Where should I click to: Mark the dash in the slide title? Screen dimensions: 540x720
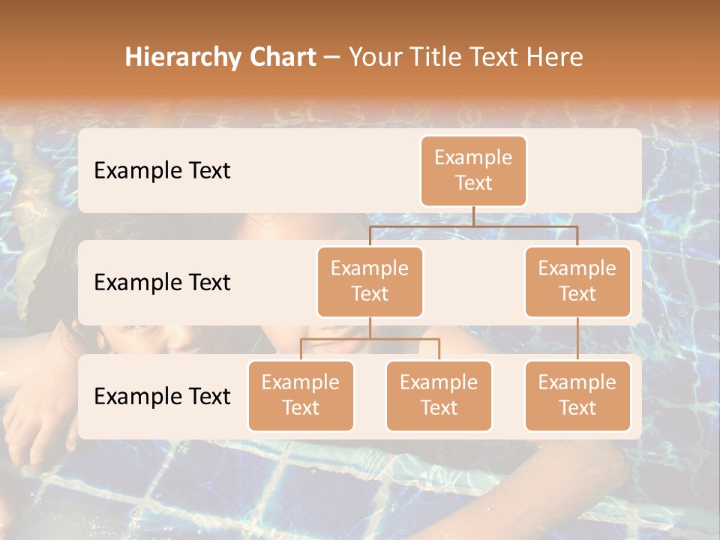[x=332, y=58]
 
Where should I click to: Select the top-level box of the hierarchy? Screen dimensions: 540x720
[x=473, y=171]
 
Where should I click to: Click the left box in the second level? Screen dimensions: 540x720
[x=370, y=281]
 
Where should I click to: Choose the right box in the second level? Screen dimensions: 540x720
[x=577, y=281]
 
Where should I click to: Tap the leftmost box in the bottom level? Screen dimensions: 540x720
[x=301, y=395]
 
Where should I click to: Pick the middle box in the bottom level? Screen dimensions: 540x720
[x=439, y=395]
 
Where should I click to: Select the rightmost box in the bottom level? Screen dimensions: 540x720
[x=577, y=395]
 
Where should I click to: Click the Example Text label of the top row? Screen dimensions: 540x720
[x=162, y=171]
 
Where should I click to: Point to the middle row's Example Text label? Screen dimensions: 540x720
[x=162, y=283]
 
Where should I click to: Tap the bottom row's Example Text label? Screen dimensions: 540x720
[x=162, y=397]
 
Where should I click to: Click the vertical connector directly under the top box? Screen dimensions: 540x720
[x=473, y=216]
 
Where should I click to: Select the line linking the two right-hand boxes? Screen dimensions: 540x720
[x=577, y=338]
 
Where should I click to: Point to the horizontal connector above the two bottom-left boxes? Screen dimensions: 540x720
[x=370, y=339]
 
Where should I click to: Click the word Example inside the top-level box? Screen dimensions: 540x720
[x=473, y=157]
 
